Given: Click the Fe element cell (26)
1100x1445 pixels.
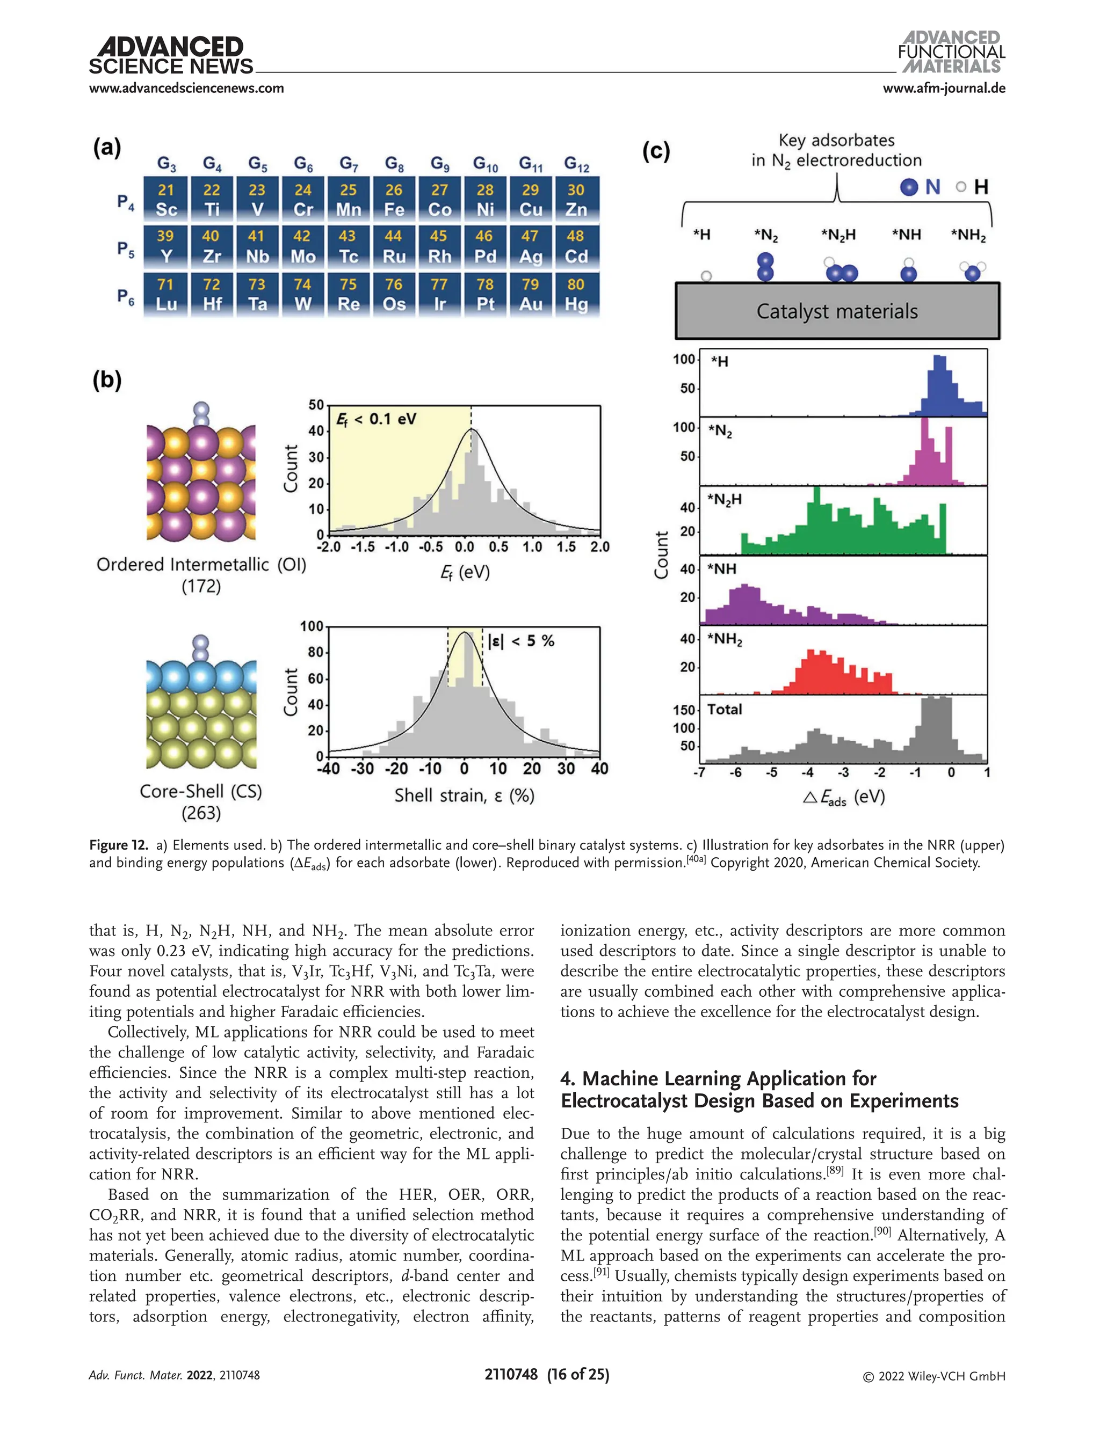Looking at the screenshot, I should [x=394, y=200].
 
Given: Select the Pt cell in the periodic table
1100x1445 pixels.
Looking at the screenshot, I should [x=485, y=295].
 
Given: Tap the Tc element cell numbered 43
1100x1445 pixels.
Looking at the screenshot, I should [x=349, y=247].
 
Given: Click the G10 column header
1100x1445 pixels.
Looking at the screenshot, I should [x=485, y=164].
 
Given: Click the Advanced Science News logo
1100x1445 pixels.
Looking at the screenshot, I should [x=171, y=56].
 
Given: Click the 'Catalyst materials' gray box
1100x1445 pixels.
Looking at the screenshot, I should [x=837, y=311].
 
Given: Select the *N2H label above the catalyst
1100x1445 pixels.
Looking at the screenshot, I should [x=838, y=235].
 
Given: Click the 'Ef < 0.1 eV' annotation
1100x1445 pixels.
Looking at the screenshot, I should [x=376, y=419].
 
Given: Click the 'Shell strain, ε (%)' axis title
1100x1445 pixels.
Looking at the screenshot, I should [x=464, y=796].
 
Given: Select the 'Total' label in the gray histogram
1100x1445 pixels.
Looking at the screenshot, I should [x=724, y=710].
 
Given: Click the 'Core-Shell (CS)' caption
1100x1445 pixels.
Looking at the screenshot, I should [x=201, y=791].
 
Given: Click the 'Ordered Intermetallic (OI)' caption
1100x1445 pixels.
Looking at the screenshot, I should [x=201, y=564].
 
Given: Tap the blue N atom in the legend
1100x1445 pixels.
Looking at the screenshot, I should [x=909, y=187].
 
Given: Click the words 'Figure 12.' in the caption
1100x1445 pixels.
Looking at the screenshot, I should [x=119, y=845].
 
